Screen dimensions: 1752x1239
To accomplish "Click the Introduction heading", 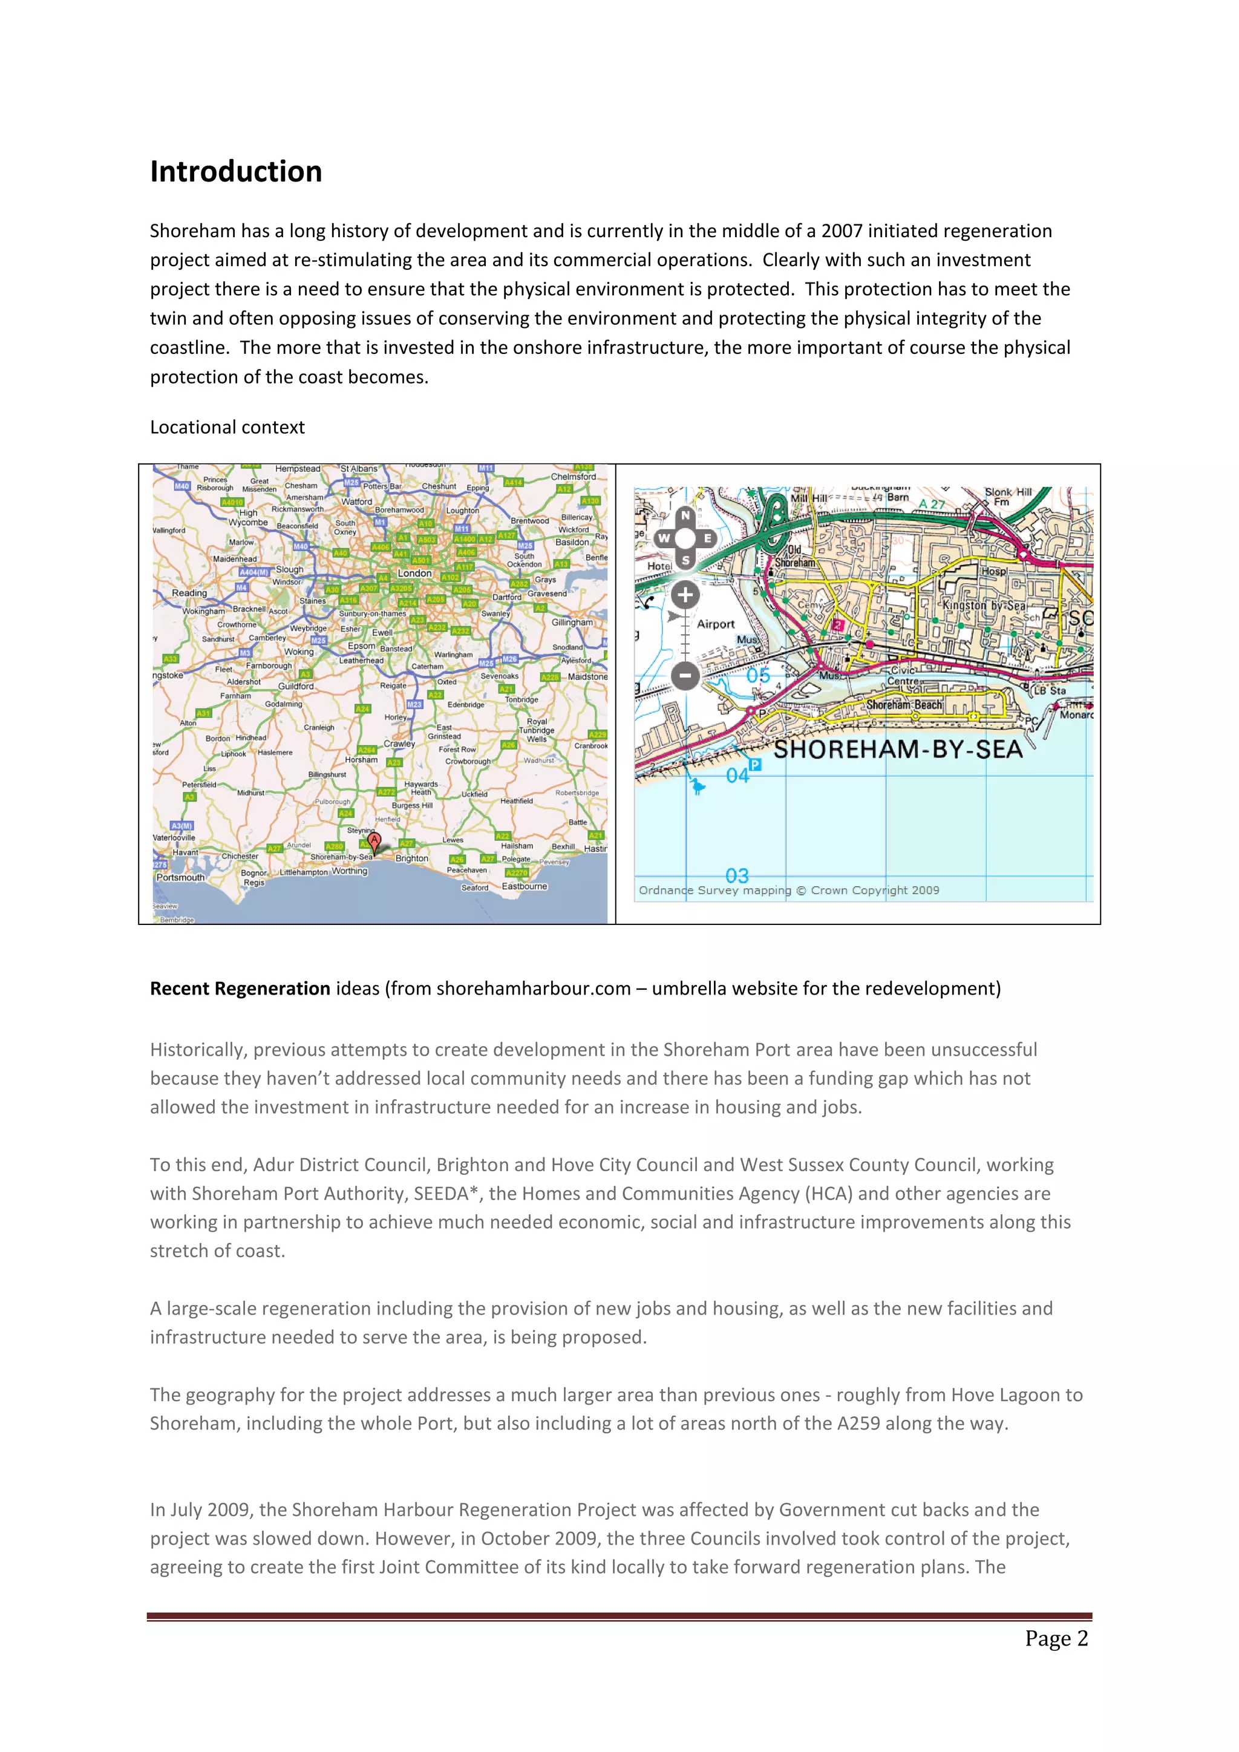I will point(236,172).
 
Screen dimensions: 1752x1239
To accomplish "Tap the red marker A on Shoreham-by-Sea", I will point(374,841).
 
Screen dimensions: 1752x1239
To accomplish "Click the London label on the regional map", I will point(414,573).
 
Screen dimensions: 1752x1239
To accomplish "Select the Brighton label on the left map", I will point(412,858).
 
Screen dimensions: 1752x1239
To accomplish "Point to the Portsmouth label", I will point(181,878).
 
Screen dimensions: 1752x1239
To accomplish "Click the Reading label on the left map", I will point(189,593).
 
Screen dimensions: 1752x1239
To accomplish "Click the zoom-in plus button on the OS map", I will point(685,595).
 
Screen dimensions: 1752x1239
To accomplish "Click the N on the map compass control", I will point(685,516).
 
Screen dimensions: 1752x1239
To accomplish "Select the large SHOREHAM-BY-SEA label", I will point(898,750).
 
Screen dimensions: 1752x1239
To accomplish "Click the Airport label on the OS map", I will point(715,624).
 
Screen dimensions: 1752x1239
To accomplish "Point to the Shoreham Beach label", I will point(904,705).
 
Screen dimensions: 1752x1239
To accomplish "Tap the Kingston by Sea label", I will point(984,605).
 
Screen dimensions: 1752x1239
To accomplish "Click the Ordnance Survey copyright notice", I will point(789,891).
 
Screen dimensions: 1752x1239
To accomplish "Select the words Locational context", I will point(227,427).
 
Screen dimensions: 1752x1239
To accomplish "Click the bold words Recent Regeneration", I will point(240,989).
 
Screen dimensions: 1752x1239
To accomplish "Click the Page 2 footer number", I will point(1056,1639).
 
